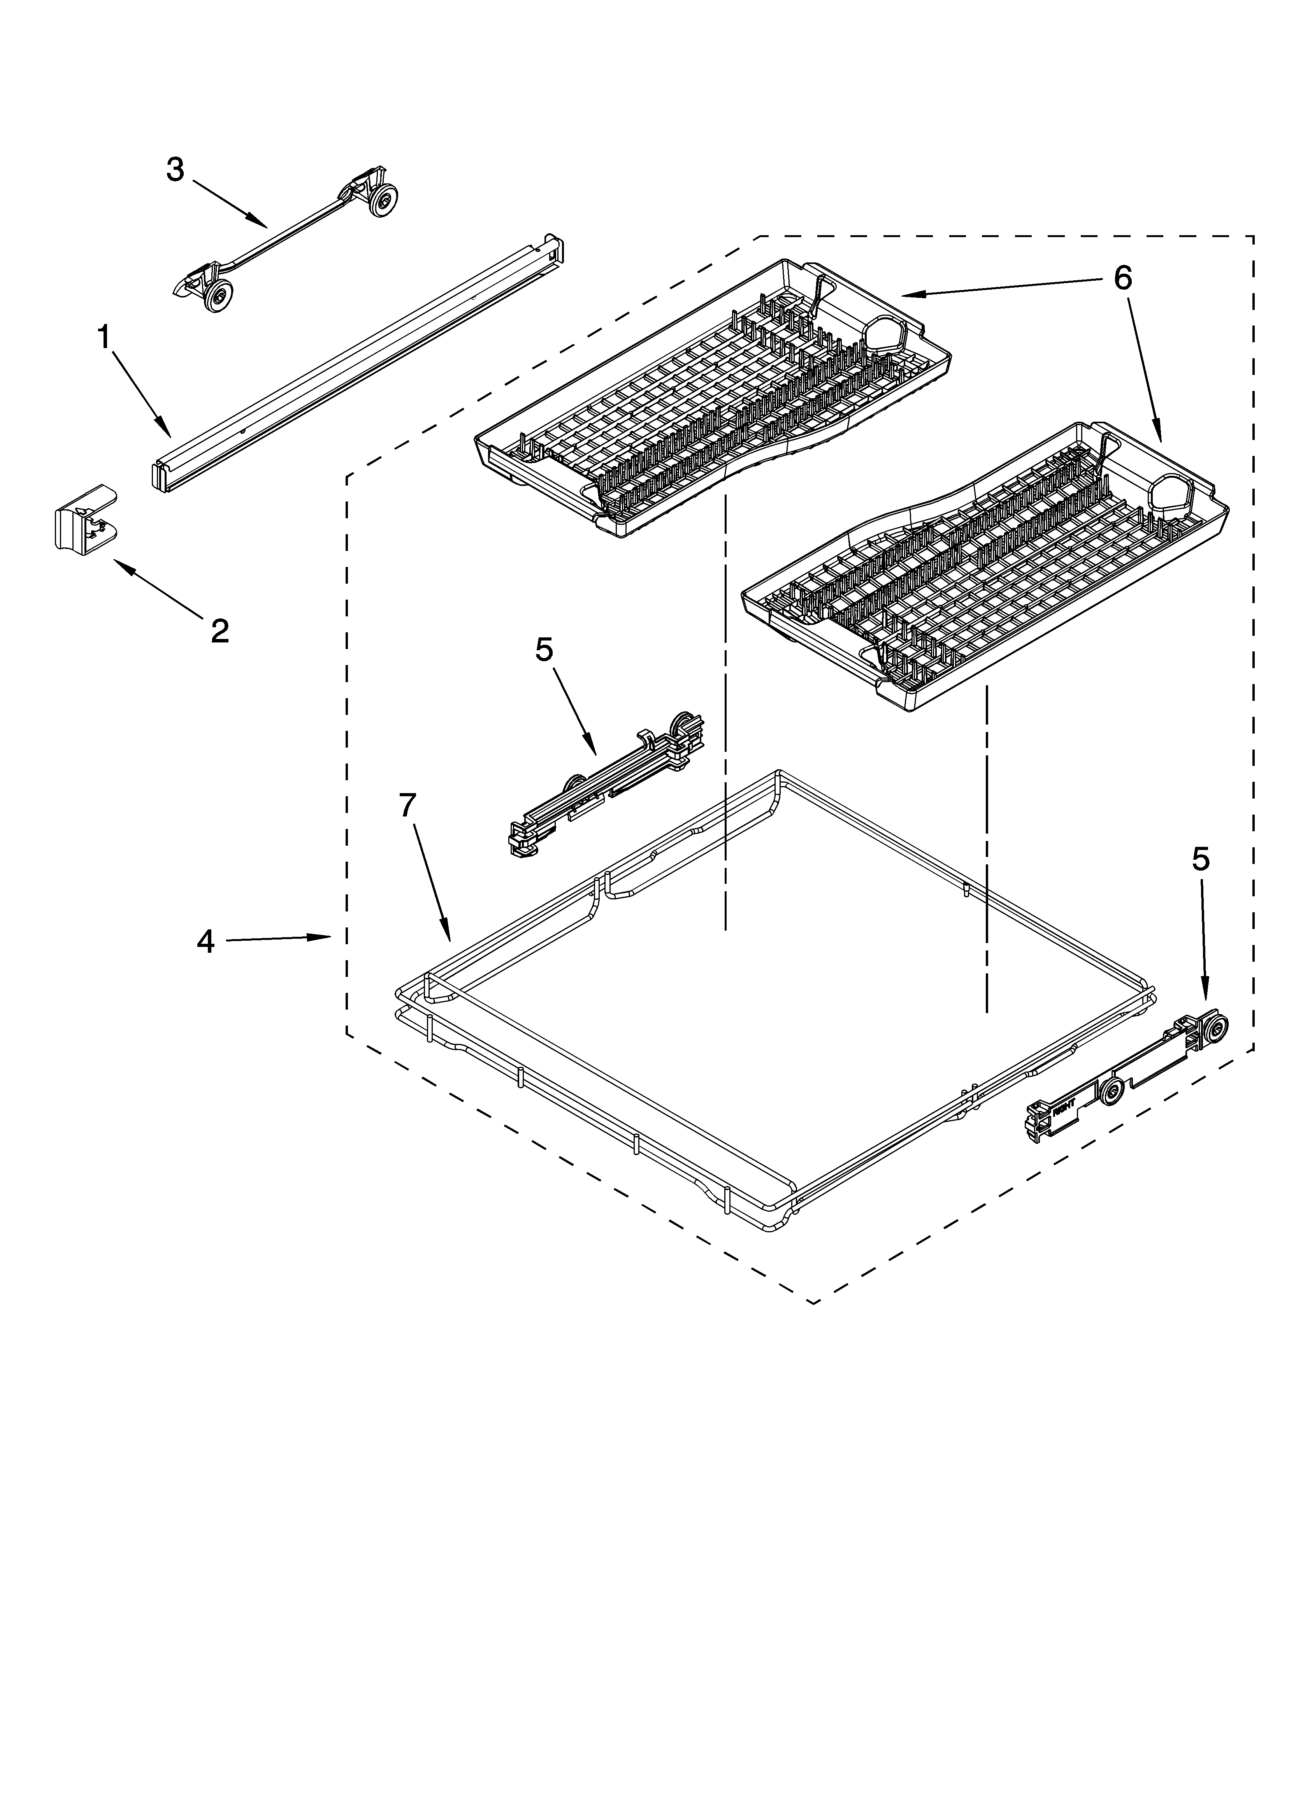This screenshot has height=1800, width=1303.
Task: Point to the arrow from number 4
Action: coord(278,939)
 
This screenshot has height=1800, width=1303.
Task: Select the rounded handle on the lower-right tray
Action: coord(1168,492)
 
